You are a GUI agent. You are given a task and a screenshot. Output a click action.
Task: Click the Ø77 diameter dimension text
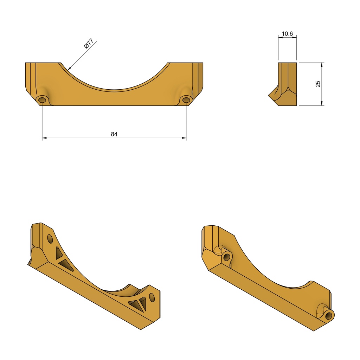pyautogui.click(x=89, y=43)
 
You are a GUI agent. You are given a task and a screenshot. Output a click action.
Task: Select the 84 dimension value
pyautogui.click(x=114, y=134)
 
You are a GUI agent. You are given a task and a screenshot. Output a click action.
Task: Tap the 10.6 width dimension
pyautogui.click(x=287, y=34)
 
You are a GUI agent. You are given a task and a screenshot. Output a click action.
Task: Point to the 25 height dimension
pyautogui.click(x=318, y=84)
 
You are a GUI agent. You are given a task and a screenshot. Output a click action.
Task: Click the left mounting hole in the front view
pyautogui.click(x=42, y=100)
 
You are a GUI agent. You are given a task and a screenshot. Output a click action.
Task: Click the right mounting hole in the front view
pyautogui.click(x=186, y=100)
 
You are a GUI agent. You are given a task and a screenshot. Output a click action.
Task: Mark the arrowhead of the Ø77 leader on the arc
pyautogui.click(x=70, y=68)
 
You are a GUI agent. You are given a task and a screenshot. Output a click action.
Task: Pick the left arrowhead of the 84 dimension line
pyautogui.click(x=44, y=138)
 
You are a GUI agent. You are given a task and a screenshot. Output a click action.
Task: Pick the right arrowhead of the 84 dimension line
pyautogui.click(x=184, y=138)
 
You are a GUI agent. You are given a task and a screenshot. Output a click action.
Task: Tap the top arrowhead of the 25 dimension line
pyautogui.click(x=322, y=65)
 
